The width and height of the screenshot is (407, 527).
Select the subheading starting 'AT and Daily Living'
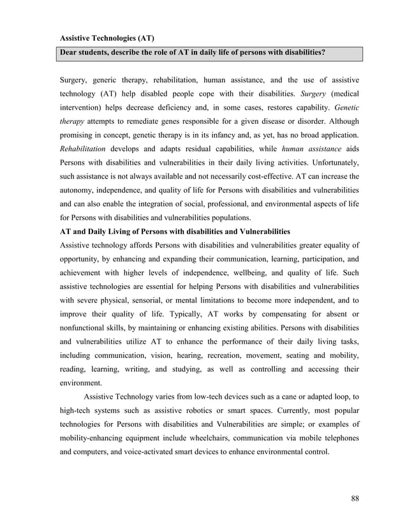point(175,230)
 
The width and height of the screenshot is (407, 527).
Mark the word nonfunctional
point(85,329)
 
